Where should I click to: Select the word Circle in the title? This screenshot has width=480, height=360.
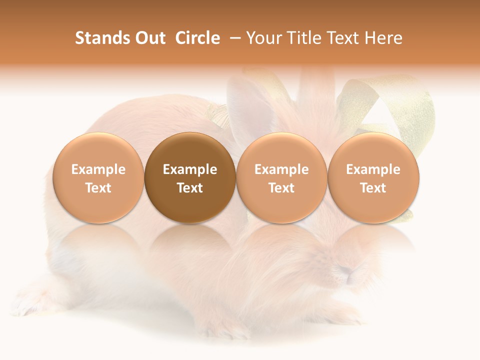197,38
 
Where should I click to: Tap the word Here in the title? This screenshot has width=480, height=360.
383,38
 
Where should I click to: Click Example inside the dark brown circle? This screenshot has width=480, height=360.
190,169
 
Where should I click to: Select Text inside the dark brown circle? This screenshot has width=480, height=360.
190,188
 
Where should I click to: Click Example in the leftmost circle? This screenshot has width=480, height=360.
98,169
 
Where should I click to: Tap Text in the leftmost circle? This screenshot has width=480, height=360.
98,188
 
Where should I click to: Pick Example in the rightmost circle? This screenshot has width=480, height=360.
373,169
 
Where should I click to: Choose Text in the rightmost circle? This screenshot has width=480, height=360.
373,188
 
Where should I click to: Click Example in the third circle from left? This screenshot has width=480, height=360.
281,169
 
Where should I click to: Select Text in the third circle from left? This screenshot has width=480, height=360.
281,188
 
